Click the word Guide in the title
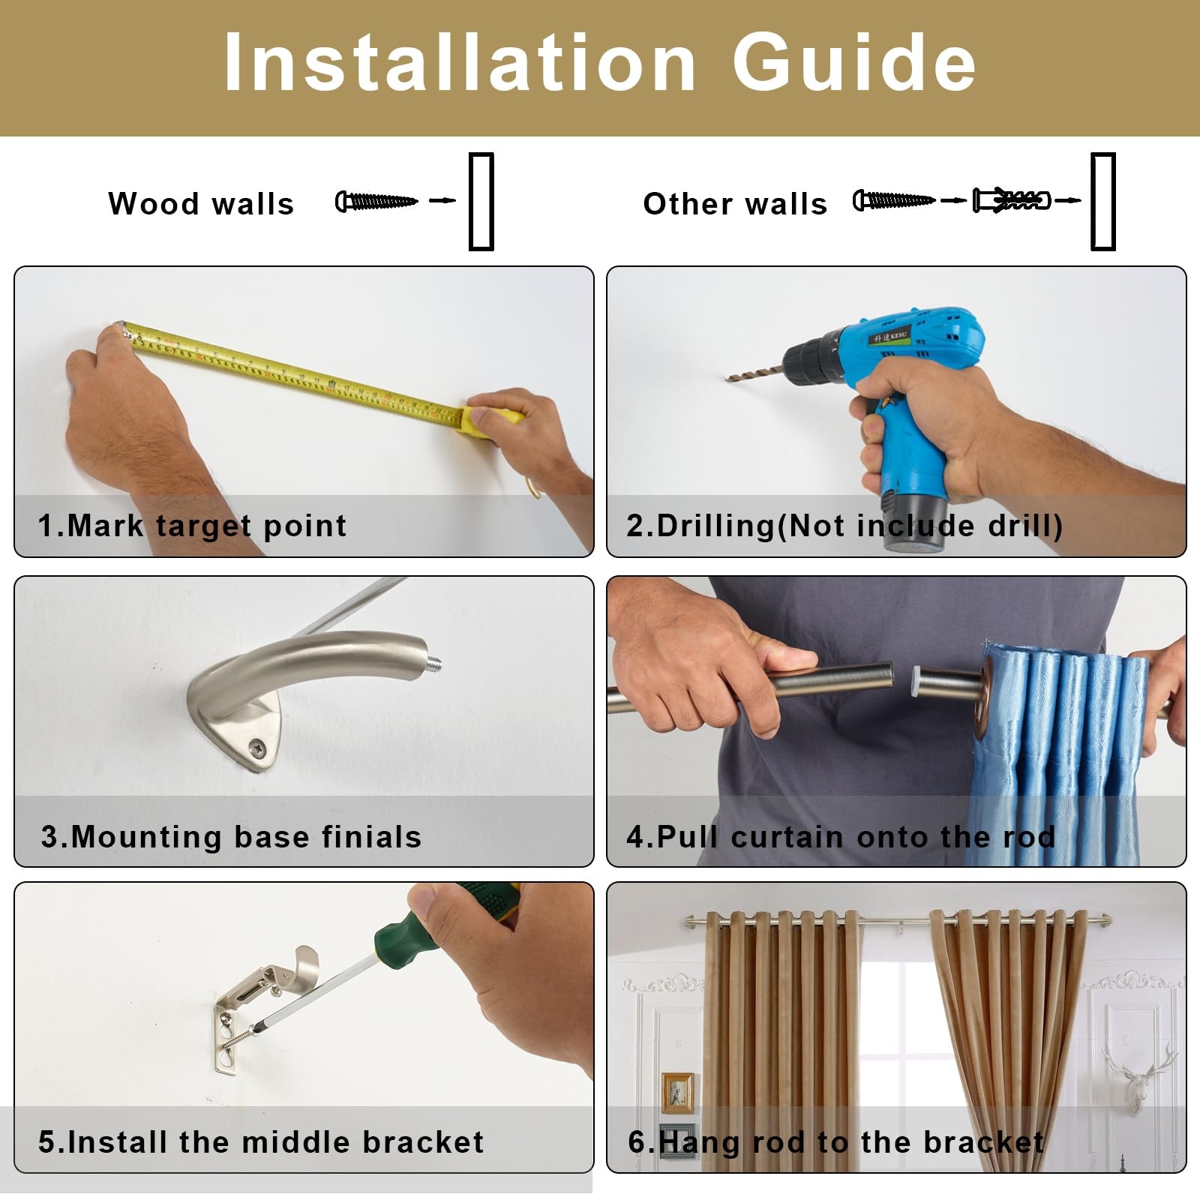tap(853, 62)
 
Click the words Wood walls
tap(201, 204)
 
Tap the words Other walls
tap(735, 204)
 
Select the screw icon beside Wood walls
tap(376, 201)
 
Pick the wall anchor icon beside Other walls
tap(1012, 201)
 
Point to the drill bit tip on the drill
tap(728, 379)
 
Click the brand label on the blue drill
tap(889, 337)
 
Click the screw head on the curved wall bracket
tap(257, 747)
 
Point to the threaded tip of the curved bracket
tap(434, 664)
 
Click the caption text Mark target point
tap(207, 526)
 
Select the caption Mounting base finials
tap(246, 837)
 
